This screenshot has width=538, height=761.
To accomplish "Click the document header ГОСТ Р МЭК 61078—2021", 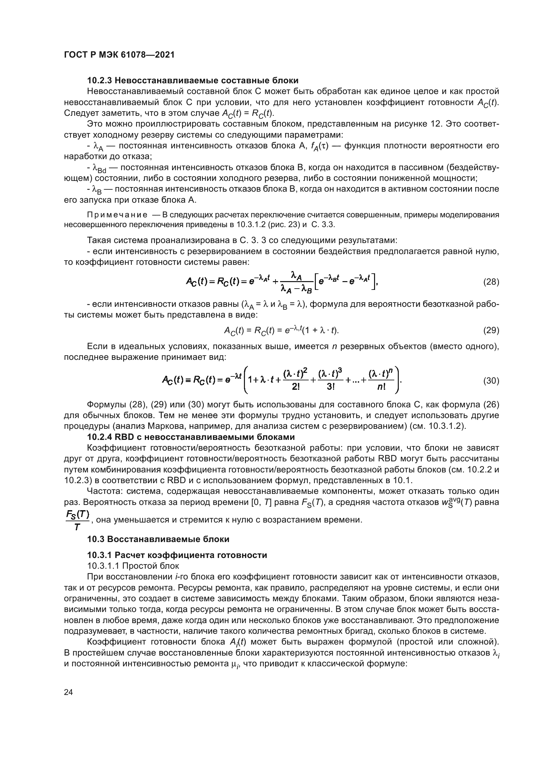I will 119,55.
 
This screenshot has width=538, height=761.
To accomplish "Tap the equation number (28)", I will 491,282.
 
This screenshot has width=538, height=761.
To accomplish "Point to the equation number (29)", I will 491,330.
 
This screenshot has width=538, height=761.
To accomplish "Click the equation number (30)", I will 491,381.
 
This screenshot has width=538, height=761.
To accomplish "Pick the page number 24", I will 68,692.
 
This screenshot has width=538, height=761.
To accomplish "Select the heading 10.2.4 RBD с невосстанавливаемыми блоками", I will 191,437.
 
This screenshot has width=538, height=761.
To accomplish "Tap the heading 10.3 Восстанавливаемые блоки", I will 158,539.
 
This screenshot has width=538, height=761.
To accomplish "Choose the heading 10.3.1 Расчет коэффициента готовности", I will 177,555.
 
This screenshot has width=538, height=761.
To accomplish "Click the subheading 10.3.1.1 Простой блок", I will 133,566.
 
